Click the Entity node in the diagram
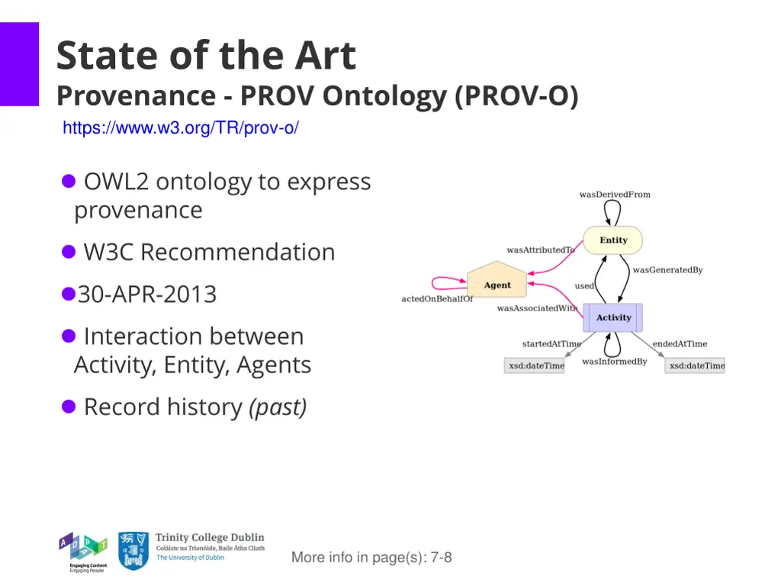[x=613, y=240]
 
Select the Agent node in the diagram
[x=497, y=284]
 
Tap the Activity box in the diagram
[x=613, y=317]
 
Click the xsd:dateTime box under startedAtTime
[x=535, y=365]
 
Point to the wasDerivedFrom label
[x=615, y=195]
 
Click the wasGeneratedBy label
[x=667, y=270]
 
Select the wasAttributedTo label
[x=540, y=250]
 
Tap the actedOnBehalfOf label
[x=437, y=299]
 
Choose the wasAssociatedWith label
[x=537, y=308]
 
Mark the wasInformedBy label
[x=614, y=362]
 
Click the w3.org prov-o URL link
[x=181, y=128]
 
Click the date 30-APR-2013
[x=147, y=294]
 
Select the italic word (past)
[x=278, y=407]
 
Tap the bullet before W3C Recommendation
[x=69, y=251]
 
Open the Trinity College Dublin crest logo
[x=133, y=551]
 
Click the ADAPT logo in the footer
[x=83, y=551]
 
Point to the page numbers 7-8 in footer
[x=441, y=558]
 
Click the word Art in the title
[x=326, y=56]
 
